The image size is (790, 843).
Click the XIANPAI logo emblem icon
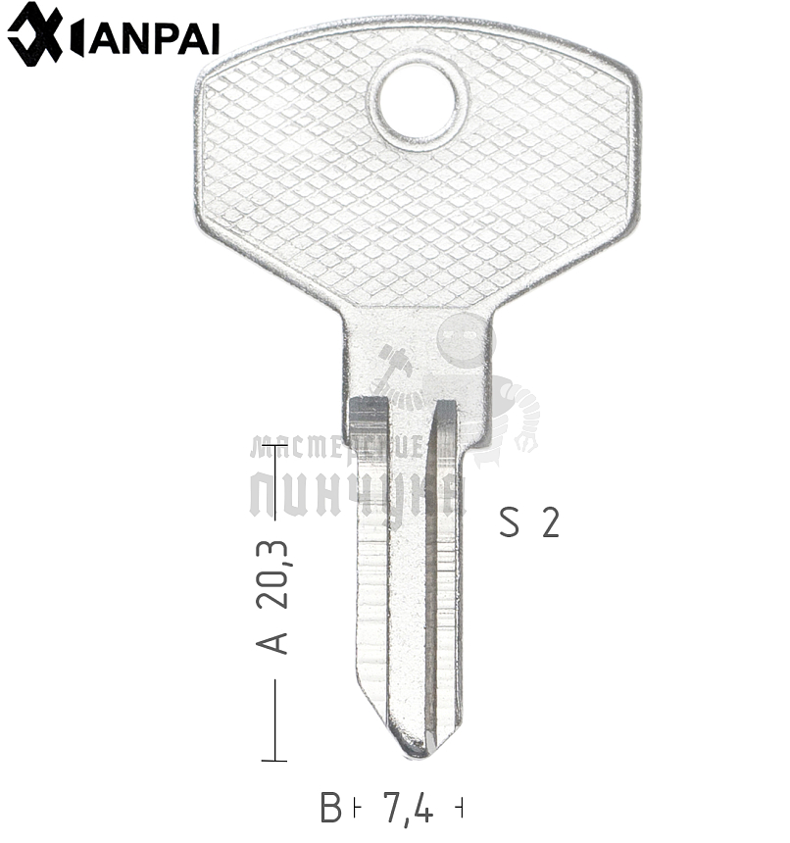[x=35, y=34]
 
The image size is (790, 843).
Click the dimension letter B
[x=330, y=808]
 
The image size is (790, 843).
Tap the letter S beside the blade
[x=509, y=522]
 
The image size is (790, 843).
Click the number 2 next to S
[x=550, y=522]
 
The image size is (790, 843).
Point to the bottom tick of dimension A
[x=274, y=760]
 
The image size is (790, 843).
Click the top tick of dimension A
[x=274, y=446]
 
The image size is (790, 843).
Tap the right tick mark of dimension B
[x=460, y=808]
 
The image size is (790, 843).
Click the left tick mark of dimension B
[x=355, y=808]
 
